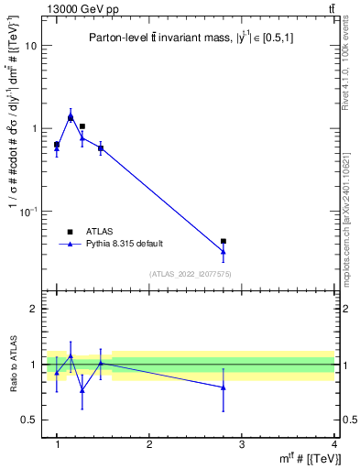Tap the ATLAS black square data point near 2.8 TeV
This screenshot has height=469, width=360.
click(224, 241)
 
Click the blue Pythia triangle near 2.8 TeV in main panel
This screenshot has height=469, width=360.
click(224, 251)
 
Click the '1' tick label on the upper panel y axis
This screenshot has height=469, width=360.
click(34, 129)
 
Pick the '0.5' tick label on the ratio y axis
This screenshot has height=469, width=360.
click(29, 420)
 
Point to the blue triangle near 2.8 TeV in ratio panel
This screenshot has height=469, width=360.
click(224, 387)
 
